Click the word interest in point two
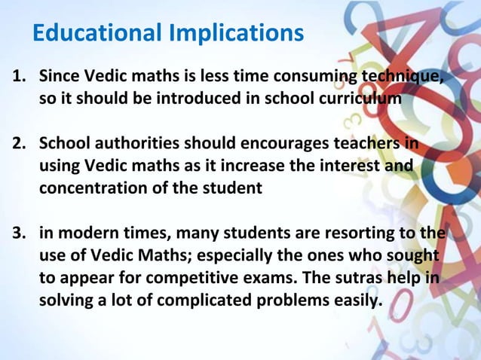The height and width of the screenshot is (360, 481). coord(346,166)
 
